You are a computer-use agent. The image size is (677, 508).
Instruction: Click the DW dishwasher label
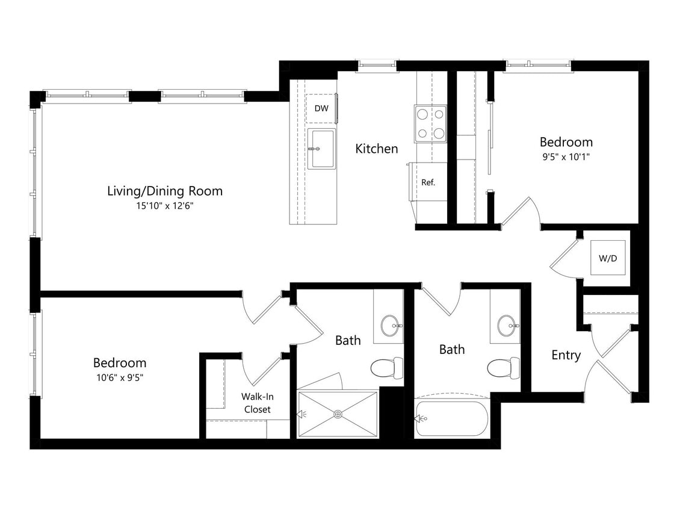[x=321, y=109]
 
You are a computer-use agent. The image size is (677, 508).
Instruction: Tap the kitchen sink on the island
[x=321, y=149]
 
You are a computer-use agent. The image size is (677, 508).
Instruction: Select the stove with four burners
[x=430, y=123]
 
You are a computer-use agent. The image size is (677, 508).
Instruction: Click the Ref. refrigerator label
[x=428, y=182]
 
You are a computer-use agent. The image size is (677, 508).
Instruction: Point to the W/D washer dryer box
[x=607, y=258]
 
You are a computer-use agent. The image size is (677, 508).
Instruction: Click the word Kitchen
[x=376, y=149]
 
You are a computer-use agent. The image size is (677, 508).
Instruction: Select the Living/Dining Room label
[x=164, y=191]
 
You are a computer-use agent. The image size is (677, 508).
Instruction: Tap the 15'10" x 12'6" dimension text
[x=164, y=206]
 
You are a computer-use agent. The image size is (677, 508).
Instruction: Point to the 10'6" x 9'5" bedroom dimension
[x=119, y=377]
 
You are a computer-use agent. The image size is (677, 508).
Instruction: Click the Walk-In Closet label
[x=256, y=403]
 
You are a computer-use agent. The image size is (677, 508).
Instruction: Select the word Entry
[x=566, y=355]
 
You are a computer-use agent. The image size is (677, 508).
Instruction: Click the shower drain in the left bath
[x=338, y=414]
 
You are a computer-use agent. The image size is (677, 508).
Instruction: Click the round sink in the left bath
[x=392, y=326]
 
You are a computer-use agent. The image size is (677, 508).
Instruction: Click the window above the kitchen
[x=377, y=64]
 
